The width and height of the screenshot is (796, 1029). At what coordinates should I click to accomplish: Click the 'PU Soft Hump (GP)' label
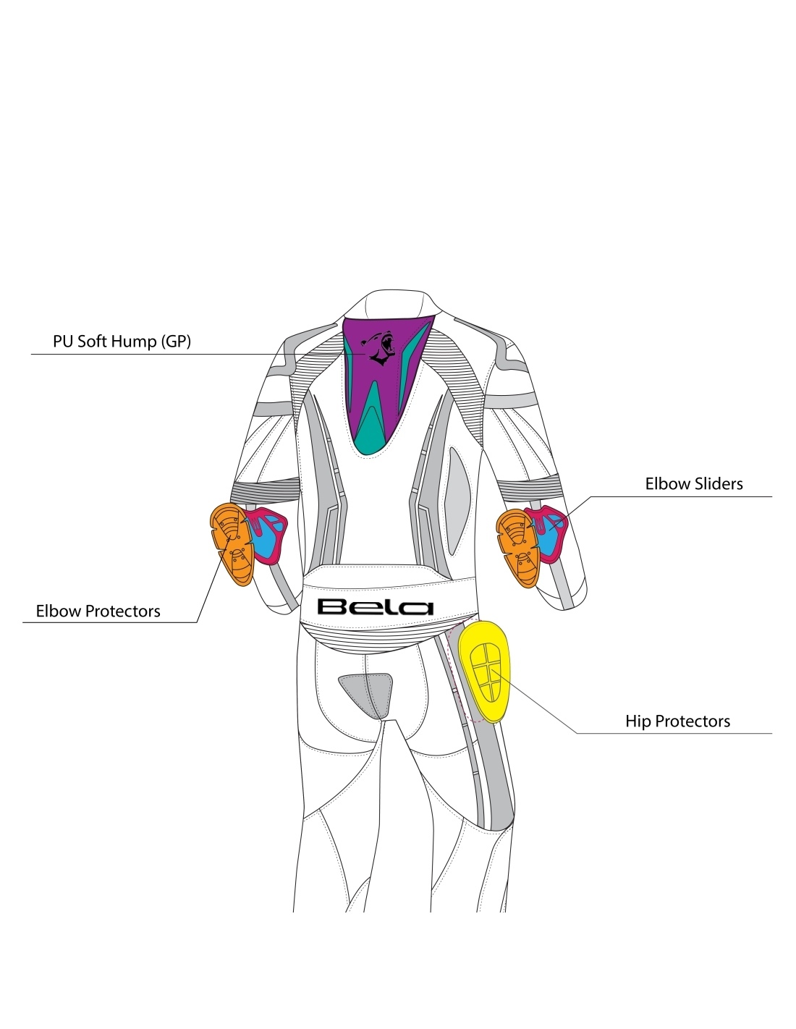[122, 341]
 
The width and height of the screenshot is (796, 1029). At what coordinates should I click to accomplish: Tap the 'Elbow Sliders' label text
[693, 483]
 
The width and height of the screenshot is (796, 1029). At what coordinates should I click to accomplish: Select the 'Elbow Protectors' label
[98, 611]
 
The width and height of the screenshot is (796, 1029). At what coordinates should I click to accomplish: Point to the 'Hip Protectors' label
[677, 721]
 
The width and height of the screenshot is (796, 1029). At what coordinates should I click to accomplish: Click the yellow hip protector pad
[487, 671]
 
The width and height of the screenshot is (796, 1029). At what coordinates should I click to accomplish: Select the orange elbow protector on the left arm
[232, 544]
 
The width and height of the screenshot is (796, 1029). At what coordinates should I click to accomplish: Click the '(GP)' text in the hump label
[175, 341]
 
